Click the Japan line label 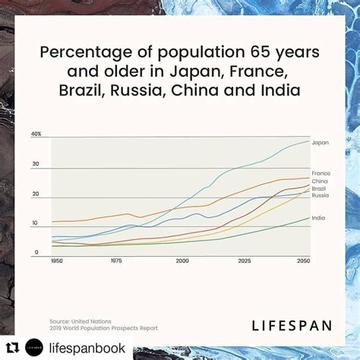point(320,142)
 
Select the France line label point(321,173)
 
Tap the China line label point(320,182)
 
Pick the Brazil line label point(320,188)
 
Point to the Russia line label point(321,195)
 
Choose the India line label point(319,218)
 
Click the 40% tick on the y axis point(36,134)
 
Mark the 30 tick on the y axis point(35,163)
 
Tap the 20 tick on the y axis point(35,194)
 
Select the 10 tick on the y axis point(34,223)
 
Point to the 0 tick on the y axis point(35,252)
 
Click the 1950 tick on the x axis point(57,261)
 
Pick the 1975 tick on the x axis point(116,261)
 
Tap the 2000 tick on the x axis point(182,261)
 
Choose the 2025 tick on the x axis point(244,261)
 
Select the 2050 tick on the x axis point(303,261)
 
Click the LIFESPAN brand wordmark point(291,326)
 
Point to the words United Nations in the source point(88,321)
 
